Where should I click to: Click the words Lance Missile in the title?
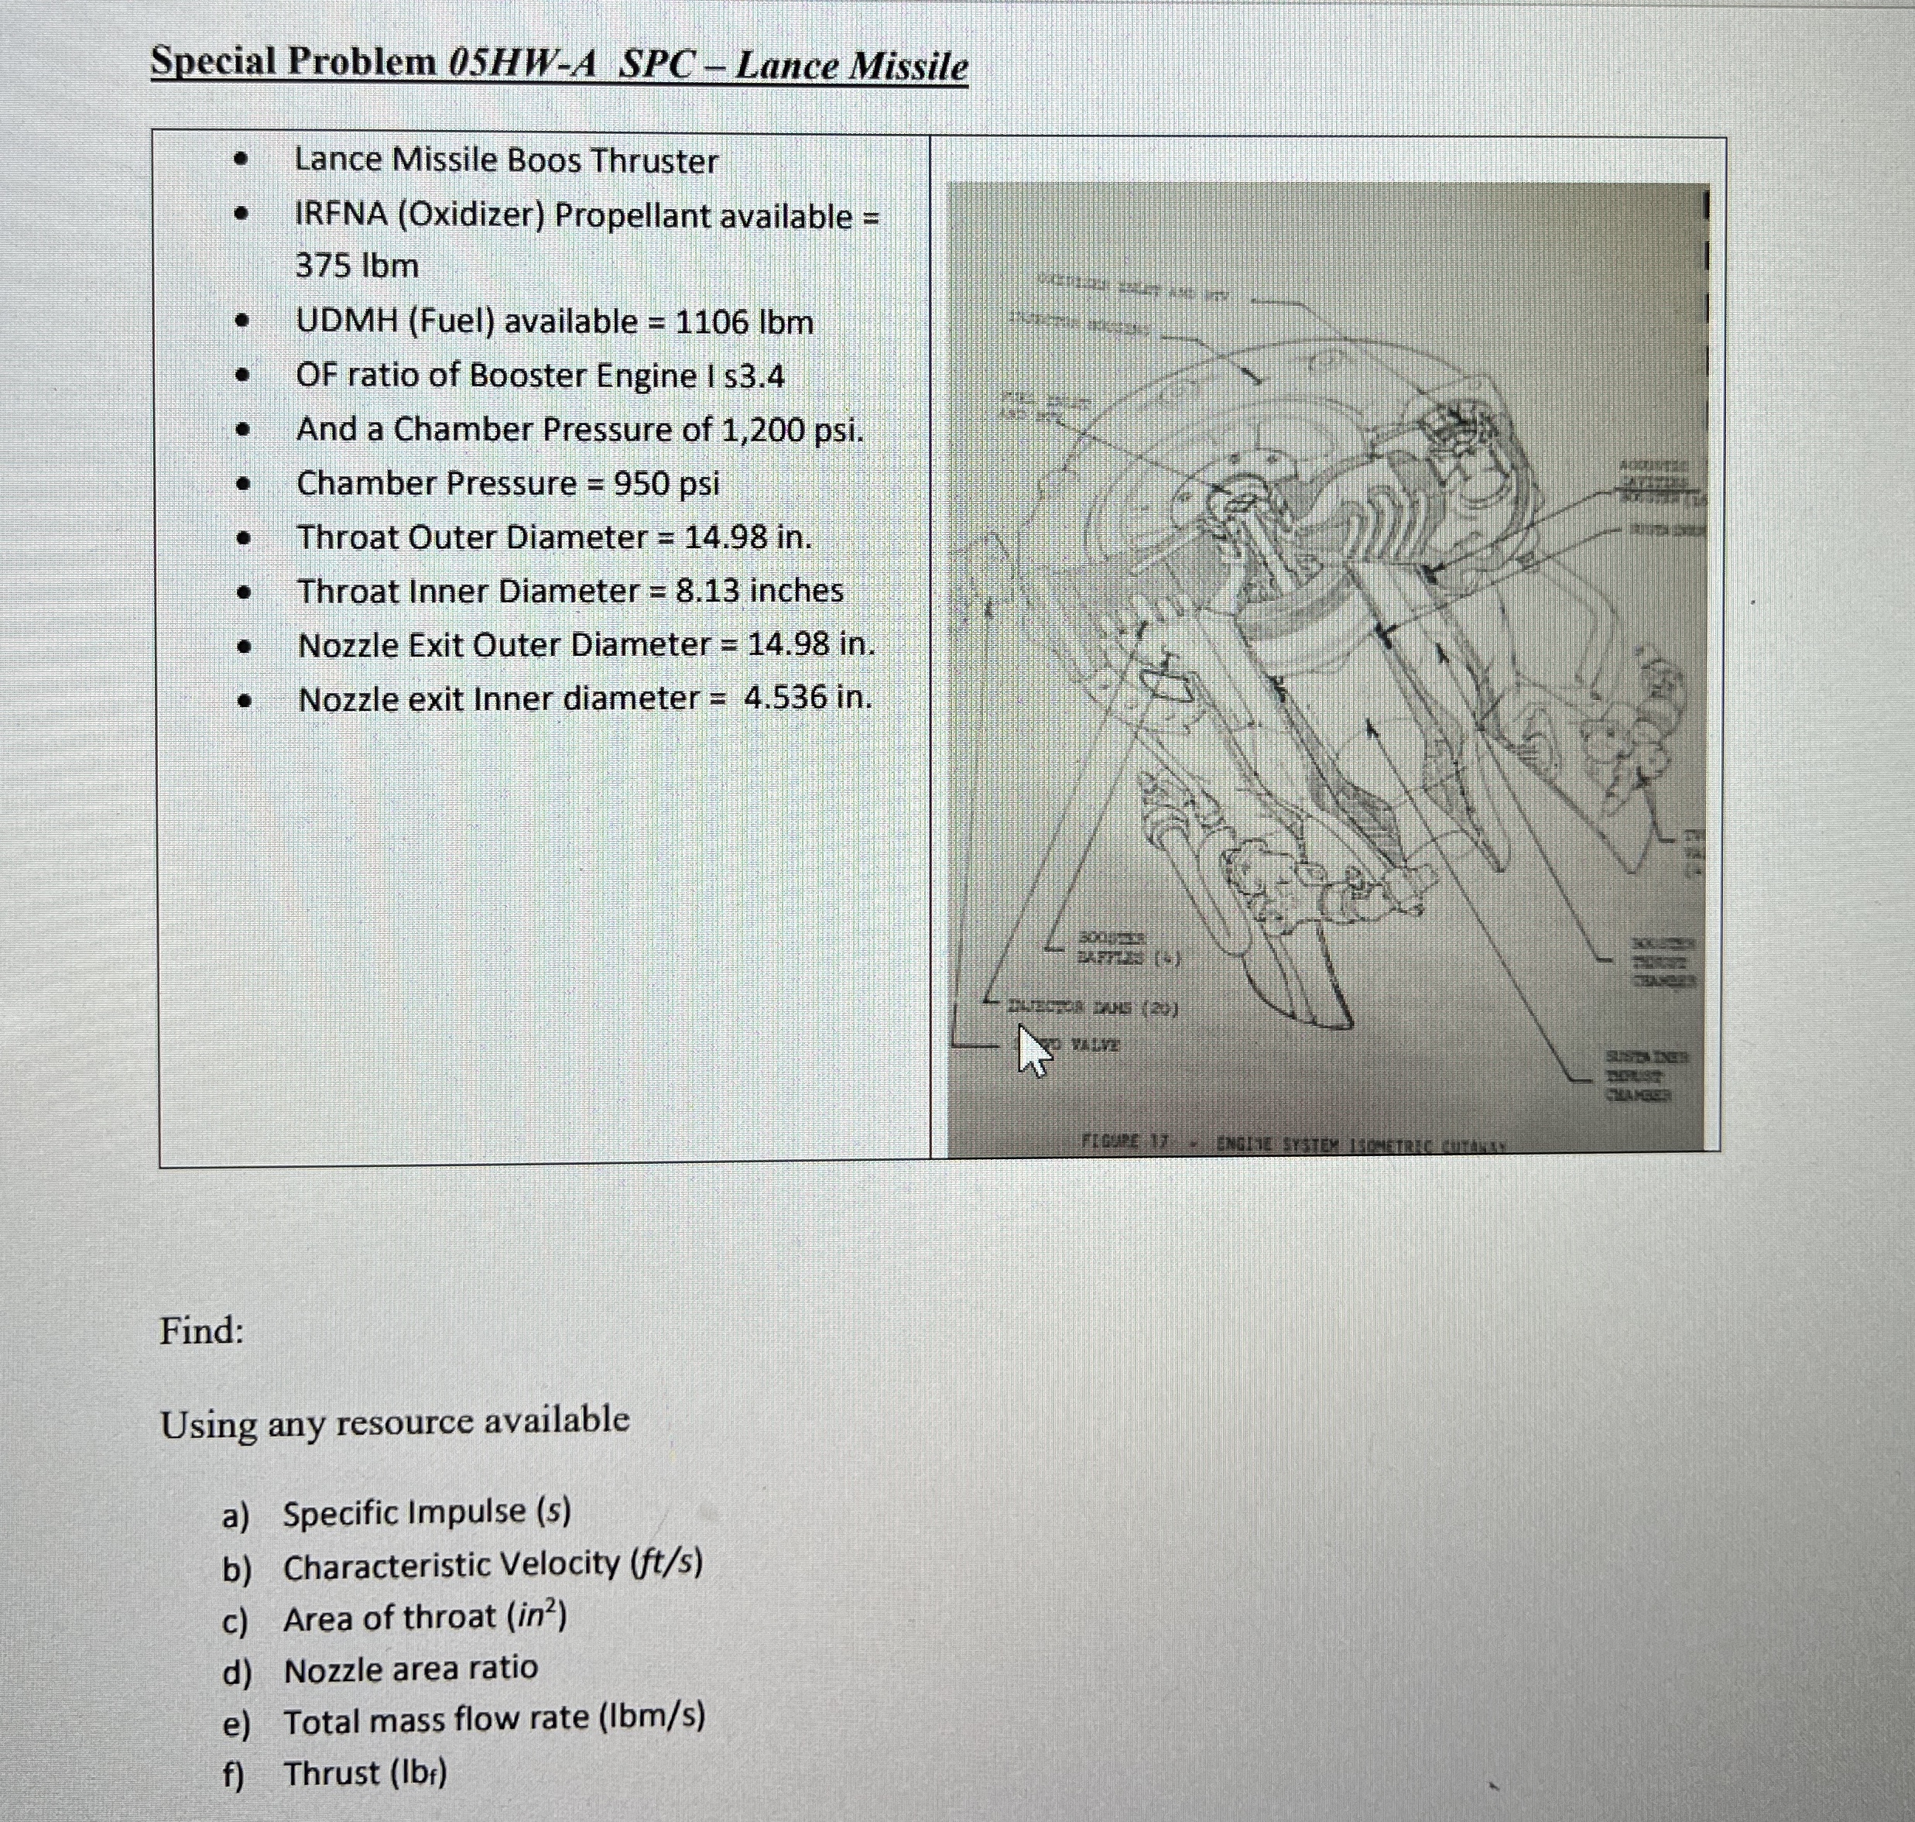(851, 66)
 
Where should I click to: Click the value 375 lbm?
(356, 265)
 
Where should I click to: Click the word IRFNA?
(341, 214)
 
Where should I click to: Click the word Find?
(202, 1330)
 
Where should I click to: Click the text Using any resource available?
(394, 1422)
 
